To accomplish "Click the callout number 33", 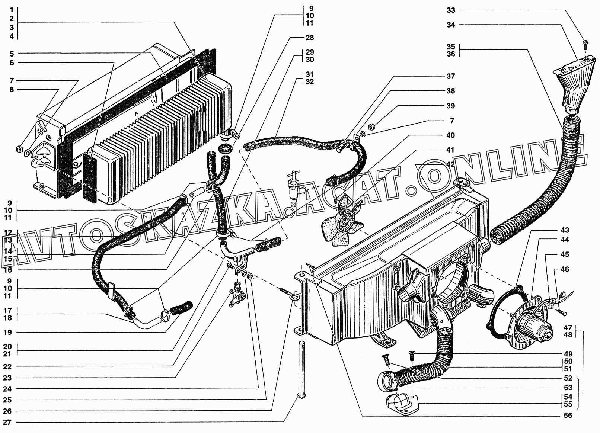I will click(451, 10).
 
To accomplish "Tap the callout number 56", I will click(568, 416).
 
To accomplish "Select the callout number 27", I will click(7, 423).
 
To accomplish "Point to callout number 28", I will click(309, 38).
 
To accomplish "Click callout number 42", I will click(451, 165).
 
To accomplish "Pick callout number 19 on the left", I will click(7, 333).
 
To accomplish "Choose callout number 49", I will click(568, 354).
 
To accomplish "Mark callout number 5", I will click(12, 53).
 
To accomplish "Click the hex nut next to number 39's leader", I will click(371, 128).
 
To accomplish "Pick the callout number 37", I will click(451, 76).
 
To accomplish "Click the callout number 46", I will click(565, 269).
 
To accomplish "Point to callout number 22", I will click(7, 366).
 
